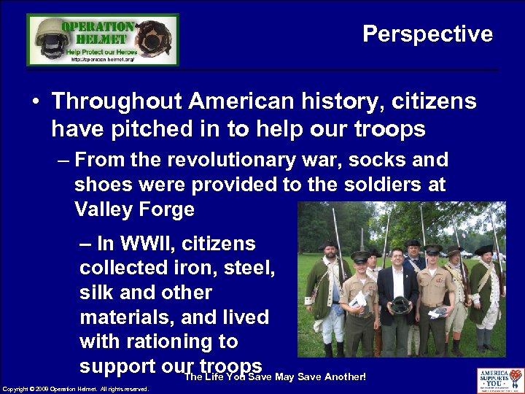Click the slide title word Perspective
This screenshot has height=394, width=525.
point(427,34)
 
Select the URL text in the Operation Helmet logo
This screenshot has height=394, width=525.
point(102,60)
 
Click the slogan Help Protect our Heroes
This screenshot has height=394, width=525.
point(102,51)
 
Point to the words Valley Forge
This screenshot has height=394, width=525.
point(134,209)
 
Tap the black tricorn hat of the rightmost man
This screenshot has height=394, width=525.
point(484,250)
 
